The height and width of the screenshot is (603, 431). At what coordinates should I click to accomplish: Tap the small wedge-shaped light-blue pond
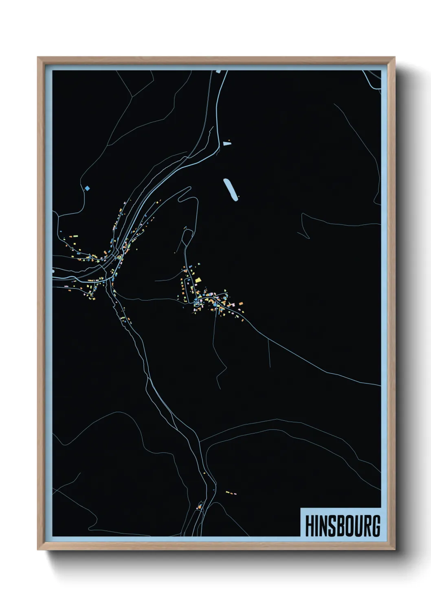(x=226, y=143)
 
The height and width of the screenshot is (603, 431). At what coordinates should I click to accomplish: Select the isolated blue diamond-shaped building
(x=87, y=188)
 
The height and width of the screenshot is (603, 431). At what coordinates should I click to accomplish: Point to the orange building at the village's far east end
(x=241, y=303)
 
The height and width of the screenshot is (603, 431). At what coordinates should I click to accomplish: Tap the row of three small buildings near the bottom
(x=231, y=493)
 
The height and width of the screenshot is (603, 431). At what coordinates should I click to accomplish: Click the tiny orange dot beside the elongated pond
(x=239, y=197)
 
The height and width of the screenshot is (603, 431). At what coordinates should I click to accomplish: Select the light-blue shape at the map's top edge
(x=218, y=72)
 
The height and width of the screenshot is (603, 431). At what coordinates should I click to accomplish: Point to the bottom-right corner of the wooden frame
(x=394, y=549)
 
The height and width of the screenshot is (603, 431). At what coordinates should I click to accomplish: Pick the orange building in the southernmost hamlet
(x=200, y=506)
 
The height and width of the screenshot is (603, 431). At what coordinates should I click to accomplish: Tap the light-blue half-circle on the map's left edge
(x=53, y=270)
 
